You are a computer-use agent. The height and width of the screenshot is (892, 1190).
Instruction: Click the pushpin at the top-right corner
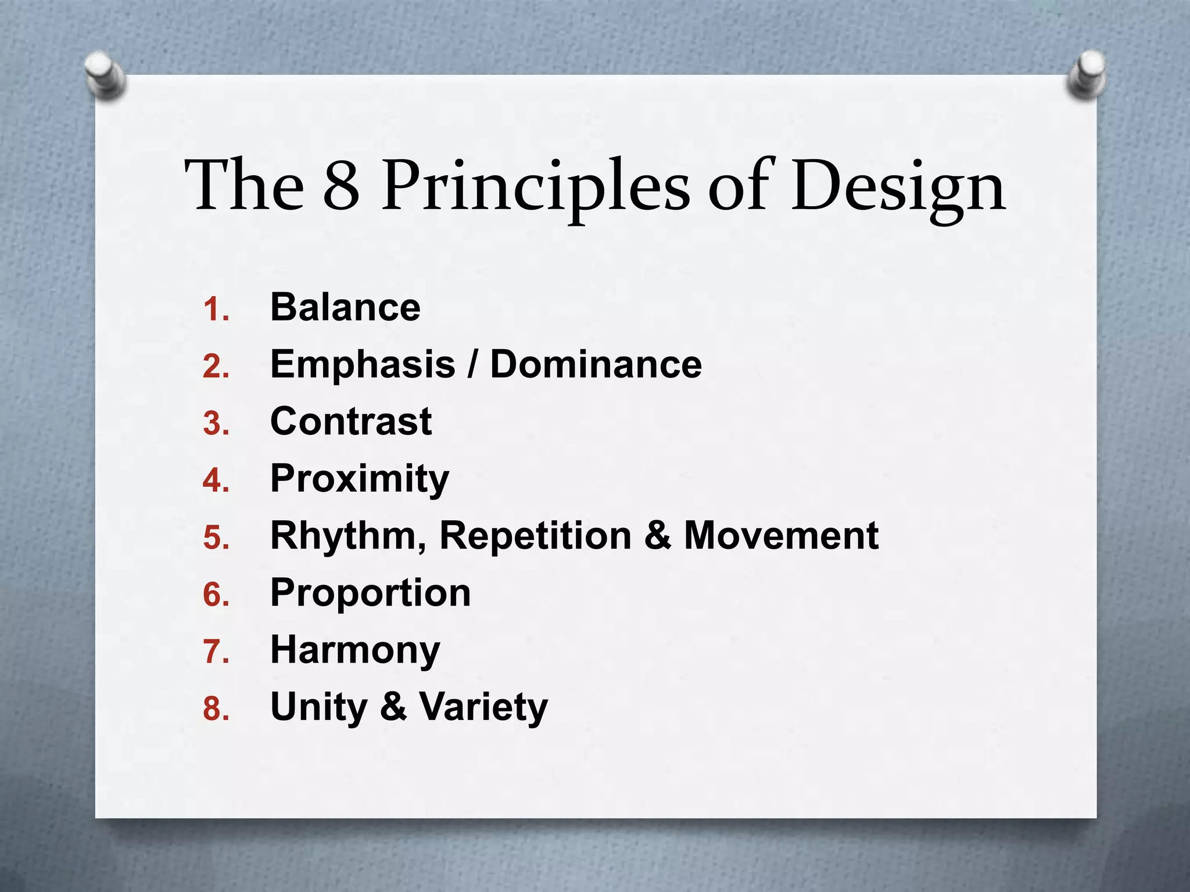coord(1087,75)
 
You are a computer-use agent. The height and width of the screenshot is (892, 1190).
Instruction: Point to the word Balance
coord(345,307)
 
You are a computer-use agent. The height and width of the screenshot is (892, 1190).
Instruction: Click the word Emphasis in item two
coord(363,365)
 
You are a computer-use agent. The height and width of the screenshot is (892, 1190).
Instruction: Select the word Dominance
coord(596,365)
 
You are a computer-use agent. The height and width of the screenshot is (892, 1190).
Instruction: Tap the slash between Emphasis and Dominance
coord(474,365)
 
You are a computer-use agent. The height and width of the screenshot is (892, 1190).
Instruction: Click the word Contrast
coord(351,421)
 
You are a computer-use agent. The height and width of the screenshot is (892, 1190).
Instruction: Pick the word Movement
coord(781,535)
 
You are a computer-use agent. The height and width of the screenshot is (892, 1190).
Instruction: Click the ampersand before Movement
coord(657,535)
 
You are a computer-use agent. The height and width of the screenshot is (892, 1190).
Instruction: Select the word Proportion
coord(371,594)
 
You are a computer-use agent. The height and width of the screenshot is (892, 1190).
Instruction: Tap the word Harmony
coord(355,650)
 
